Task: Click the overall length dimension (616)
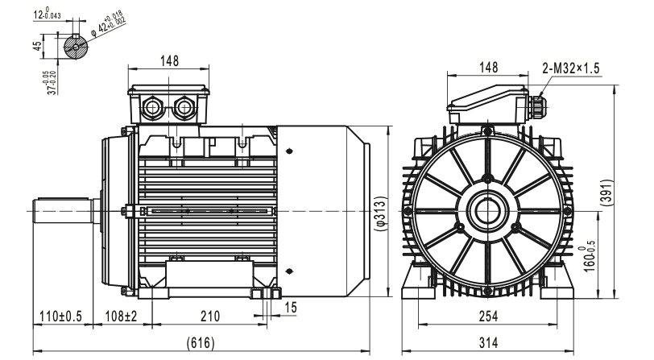click(201, 343)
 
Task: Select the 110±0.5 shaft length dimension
click(61, 317)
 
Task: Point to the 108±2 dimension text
click(121, 317)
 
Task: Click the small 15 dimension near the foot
click(291, 308)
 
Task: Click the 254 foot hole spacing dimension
click(488, 317)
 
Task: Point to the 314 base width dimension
click(488, 343)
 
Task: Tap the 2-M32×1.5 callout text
click(570, 68)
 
